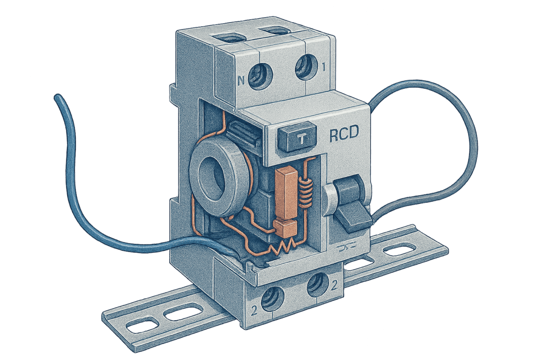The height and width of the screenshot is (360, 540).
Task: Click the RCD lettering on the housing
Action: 344,133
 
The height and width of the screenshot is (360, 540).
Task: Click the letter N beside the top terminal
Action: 241,80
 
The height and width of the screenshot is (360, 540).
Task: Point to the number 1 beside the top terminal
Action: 323,67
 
